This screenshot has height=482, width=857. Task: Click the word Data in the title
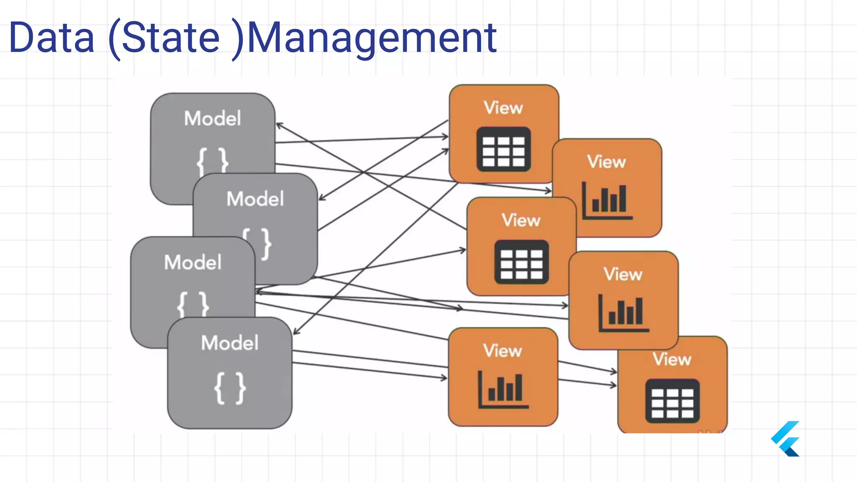click(x=51, y=38)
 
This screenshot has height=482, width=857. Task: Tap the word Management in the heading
click(x=372, y=38)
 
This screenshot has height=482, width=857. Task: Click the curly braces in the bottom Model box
click(x=230, y=388)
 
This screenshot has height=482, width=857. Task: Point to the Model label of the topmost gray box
click(x=213, y=118)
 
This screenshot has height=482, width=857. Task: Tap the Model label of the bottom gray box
click(x=230, y=343)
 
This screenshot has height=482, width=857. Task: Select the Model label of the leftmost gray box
click(x=192, y=263)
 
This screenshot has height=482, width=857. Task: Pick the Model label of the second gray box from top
click(x=255, y=199)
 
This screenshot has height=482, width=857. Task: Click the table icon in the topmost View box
click(x=503, y=149)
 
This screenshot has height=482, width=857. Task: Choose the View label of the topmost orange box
click(x=503, y=108)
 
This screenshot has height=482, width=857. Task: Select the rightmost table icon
click(x=672, y=401)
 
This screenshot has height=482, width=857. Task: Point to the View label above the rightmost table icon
click(x=672, y=359)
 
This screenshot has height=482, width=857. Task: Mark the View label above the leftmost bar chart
click(x=503, y=351)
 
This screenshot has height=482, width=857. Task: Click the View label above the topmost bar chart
click(x=606, y=162)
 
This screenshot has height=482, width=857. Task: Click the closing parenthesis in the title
click(x=239, y=38)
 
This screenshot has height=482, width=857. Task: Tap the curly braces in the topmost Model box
click(x=213, y=160)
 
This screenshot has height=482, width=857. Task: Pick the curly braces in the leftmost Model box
click(x=193, y=304)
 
